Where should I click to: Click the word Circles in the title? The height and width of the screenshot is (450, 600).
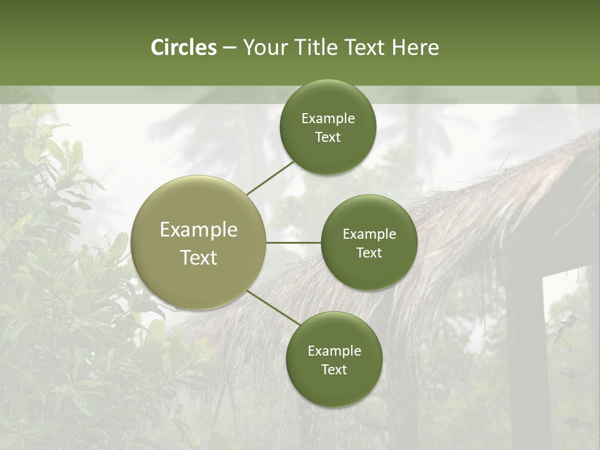(x=184, y=47)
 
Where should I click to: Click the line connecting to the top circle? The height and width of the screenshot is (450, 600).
(x=270, y=177)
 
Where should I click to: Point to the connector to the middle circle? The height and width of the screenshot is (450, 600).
(x=294, y=242)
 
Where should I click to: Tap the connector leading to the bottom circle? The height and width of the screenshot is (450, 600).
(x=273, y=307)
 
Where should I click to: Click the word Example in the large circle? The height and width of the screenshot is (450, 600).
(x=199, y=230)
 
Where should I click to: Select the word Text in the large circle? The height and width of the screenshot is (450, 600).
(x=199, y=257)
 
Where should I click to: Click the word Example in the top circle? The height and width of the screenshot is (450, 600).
(x=328, y=119)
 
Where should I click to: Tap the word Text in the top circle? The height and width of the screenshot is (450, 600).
(x=327, y=137)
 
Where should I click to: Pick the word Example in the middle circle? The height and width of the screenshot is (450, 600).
(x=369, y=234)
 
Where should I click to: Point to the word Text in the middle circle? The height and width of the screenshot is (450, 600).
(x=369, y=253)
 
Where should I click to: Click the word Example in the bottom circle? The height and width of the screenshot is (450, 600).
(x=334, y=351)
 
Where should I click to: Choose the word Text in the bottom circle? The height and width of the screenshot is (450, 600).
(x=334, y=370)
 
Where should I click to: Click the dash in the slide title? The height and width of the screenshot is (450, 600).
(x=229, y=48)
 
